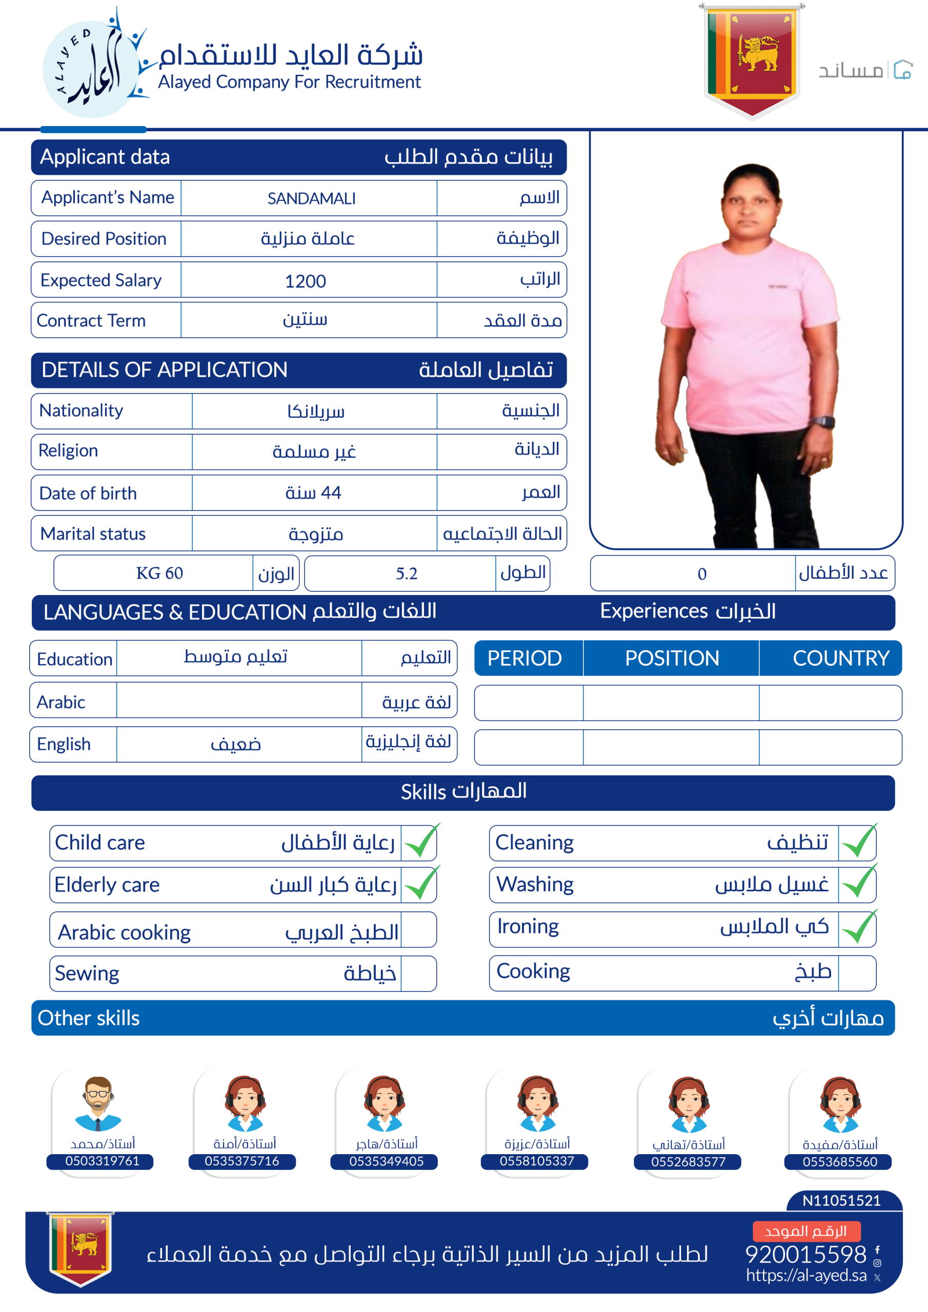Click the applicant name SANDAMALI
(x=311, y=198)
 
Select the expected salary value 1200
(x=306, y=280)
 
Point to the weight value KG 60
(x=159, y=573)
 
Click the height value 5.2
(x=407, y=573)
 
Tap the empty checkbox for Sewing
(x=418, y=973)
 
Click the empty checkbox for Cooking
(x=857, y=973)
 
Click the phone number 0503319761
(x=102, y=1161)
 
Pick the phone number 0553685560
(x=839, y=1162)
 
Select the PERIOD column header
(x=524, y=658)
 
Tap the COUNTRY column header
(x=840, y=658)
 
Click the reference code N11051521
(x=840, y=1200)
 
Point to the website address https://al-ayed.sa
(x=805, y=1276)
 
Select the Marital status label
(x=93, y=534)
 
